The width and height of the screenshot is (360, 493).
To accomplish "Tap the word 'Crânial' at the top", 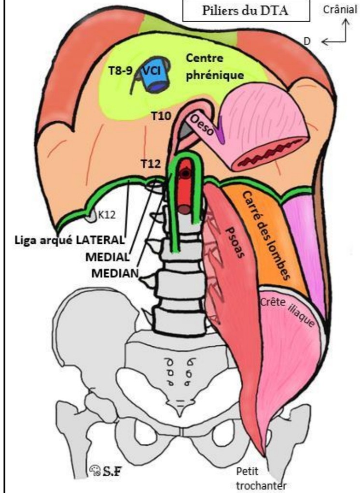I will (x=344, y=10).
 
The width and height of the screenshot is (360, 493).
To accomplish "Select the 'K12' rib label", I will (x=106, y=214).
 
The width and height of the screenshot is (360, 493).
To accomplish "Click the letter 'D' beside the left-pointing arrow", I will (x=306, y=42).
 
